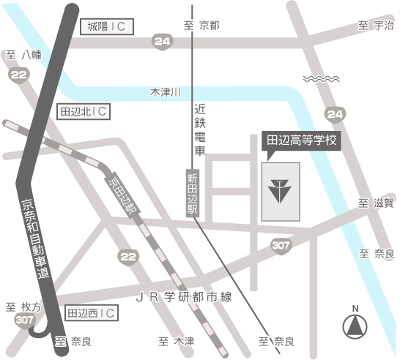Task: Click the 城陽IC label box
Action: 106,27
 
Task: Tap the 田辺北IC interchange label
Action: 83,111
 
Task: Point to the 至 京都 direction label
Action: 202,26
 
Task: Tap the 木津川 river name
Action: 165,93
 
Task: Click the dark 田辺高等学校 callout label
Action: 301,140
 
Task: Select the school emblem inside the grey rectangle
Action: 279,191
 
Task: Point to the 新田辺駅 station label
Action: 192,192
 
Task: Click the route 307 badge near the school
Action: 280,246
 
